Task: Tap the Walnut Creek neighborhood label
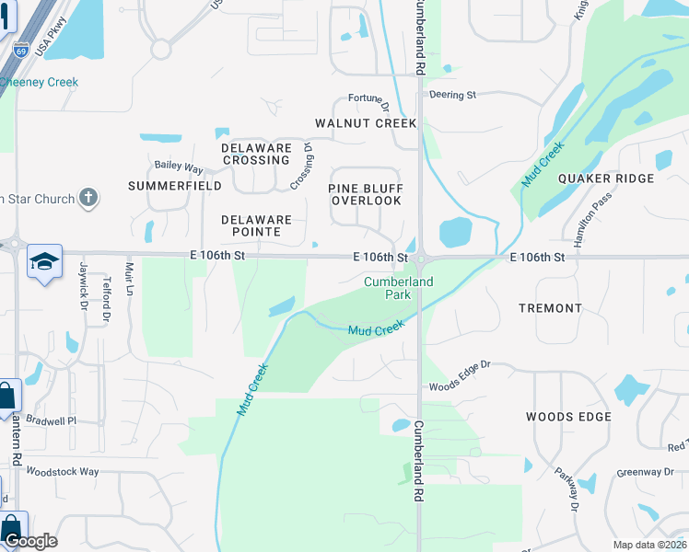tap(366, 123)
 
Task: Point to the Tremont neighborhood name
tap(550, 308)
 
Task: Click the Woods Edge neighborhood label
tap(568, 417)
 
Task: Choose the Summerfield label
tap(175, 186)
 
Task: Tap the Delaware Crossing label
tap(256, 154)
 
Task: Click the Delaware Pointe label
tap(256, 226)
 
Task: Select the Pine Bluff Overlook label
tap(366, 194)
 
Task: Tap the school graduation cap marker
tap(44, 262)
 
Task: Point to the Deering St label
tap(451, 95)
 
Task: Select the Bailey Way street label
tap(179, 167)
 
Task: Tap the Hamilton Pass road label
tap(587, 221)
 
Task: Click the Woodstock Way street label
tap(63, 472)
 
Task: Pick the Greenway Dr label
tap(645, 472)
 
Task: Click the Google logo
tap(30, 541)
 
